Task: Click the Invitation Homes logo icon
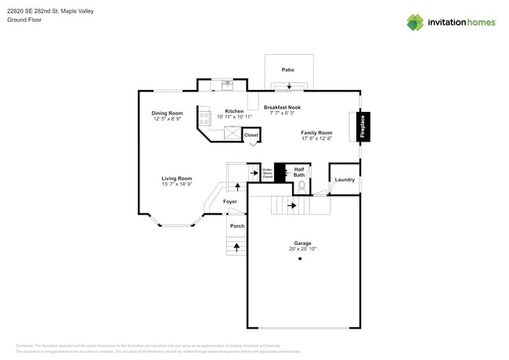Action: (x=415, y=22)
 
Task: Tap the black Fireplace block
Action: (x=363, y=128)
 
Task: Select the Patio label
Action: (x=288, y=70)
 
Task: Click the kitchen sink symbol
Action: (x=227, y=85)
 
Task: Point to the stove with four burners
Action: (x=204, y=119)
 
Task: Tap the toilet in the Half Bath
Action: (x=301, y=187)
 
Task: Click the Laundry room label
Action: (x=345, y=180)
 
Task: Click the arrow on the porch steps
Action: (x=236, y=247)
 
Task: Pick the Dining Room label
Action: (x=167, y=113)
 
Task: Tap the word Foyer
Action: (x=229, y=202)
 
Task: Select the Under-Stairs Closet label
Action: (x=267, y=173)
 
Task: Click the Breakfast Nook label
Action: (x=282, y=107)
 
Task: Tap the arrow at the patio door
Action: (x=290, y=87)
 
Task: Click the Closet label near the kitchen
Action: (x=251, y=135)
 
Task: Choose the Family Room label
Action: (x=316, y=133)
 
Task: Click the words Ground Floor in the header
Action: (x=23, y=20)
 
